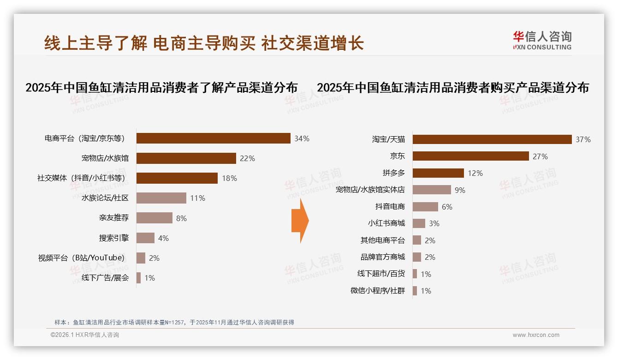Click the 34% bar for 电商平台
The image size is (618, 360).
213,138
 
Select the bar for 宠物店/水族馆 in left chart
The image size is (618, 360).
186,158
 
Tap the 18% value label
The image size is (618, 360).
229,178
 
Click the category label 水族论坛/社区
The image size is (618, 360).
105,198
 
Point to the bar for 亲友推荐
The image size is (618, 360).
154,218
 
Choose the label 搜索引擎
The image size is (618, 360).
113,238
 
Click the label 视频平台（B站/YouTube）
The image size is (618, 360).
81,258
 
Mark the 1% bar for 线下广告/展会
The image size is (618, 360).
138,278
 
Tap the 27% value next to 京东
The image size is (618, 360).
540,156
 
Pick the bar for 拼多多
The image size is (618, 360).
438,173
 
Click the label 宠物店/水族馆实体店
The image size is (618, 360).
370,190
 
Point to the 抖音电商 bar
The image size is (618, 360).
425,207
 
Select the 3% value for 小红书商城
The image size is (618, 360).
434,223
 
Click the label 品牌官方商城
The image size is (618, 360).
382,257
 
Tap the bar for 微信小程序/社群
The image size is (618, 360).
415,291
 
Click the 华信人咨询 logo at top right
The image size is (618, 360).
542,40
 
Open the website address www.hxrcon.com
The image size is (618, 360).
535,335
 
